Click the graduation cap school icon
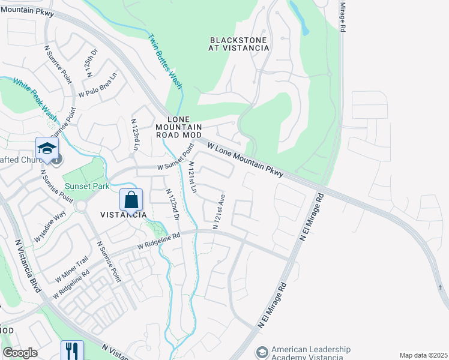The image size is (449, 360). point(46,147)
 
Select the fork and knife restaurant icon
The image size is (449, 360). point(71,350)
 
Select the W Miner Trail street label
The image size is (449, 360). point(71,270)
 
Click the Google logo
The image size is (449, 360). point(20,353)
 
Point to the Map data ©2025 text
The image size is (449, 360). point(423,355)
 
